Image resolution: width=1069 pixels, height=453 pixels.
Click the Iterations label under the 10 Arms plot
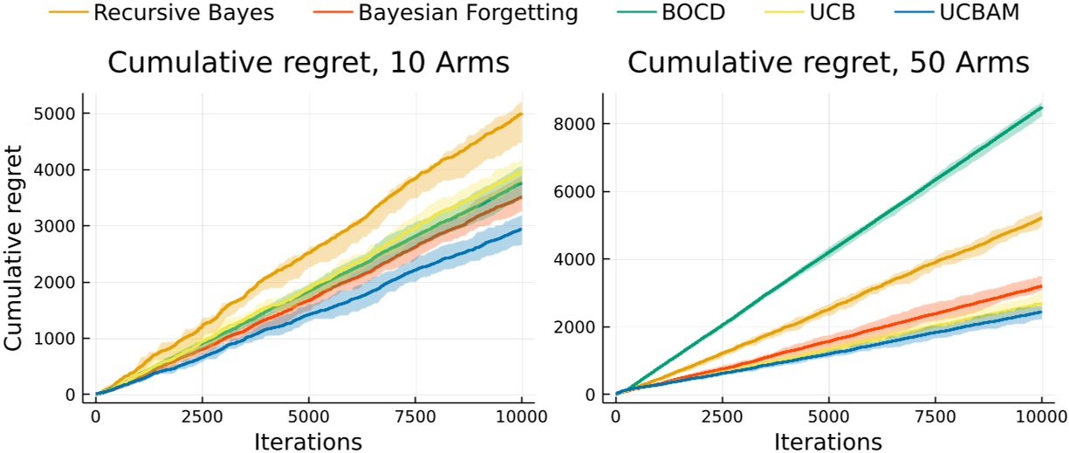click(x=308, y=442)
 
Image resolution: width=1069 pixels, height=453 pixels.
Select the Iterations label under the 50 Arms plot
click(x=828, y=442)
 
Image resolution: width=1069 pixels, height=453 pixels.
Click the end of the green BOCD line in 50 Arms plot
click(x=1041, y=107)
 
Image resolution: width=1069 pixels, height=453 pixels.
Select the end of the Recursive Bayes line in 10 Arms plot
click(x=522, y=114)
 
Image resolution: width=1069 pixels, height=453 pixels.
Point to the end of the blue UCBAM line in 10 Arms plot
click(x=522, y=230)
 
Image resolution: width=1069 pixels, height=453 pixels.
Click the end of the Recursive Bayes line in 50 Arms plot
click(x=1041, y=218)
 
